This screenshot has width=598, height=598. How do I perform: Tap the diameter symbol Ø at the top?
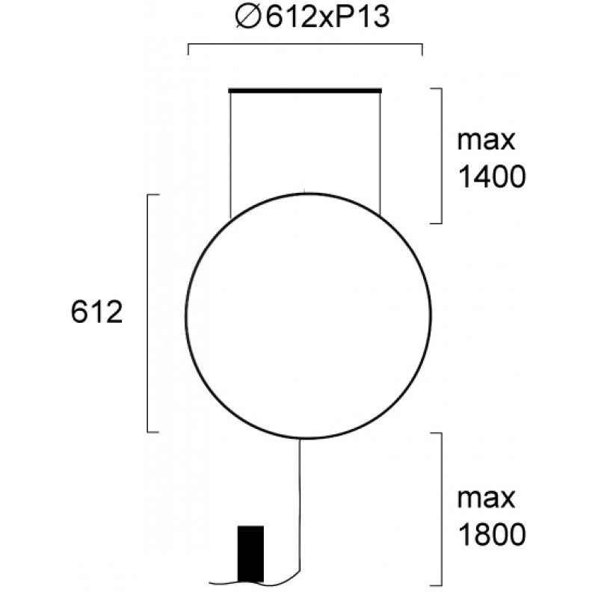[248, 17]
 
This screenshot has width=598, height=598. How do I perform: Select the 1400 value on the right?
[492, 177]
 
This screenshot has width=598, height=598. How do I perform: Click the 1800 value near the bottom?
[492, 534]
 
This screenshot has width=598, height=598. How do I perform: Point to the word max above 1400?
[487, 141]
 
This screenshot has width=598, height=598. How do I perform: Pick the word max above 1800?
[487, 498]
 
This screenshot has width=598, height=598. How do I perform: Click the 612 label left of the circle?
[97, 312]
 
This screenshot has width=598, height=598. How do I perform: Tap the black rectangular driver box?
[250, 554]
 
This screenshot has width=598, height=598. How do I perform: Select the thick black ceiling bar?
[305, 90]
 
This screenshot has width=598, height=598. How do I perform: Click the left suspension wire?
[230, 155]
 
